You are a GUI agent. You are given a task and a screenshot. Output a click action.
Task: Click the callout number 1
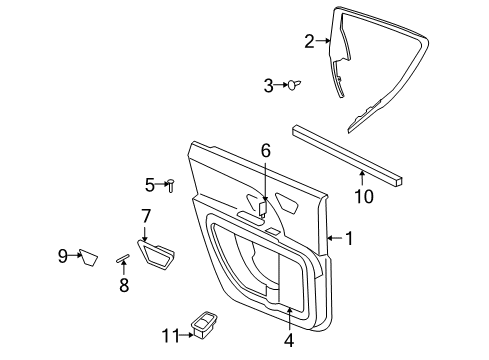point(349,239)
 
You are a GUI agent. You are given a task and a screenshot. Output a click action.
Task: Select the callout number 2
point(309,41)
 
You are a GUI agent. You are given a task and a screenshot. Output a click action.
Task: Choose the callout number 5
point(149,184)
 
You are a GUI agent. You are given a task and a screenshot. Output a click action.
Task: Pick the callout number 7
point(145,215)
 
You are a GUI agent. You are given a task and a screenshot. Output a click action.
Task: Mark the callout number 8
point(124,284)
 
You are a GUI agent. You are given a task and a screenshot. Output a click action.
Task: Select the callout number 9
point(62,257)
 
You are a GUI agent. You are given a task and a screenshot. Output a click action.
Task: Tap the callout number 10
point(364,196)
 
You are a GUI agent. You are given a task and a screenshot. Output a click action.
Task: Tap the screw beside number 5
point(172,184)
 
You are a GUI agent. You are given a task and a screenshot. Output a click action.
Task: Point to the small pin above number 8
point(123,258)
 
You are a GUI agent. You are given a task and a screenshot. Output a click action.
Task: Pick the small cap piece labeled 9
point(88,259)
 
